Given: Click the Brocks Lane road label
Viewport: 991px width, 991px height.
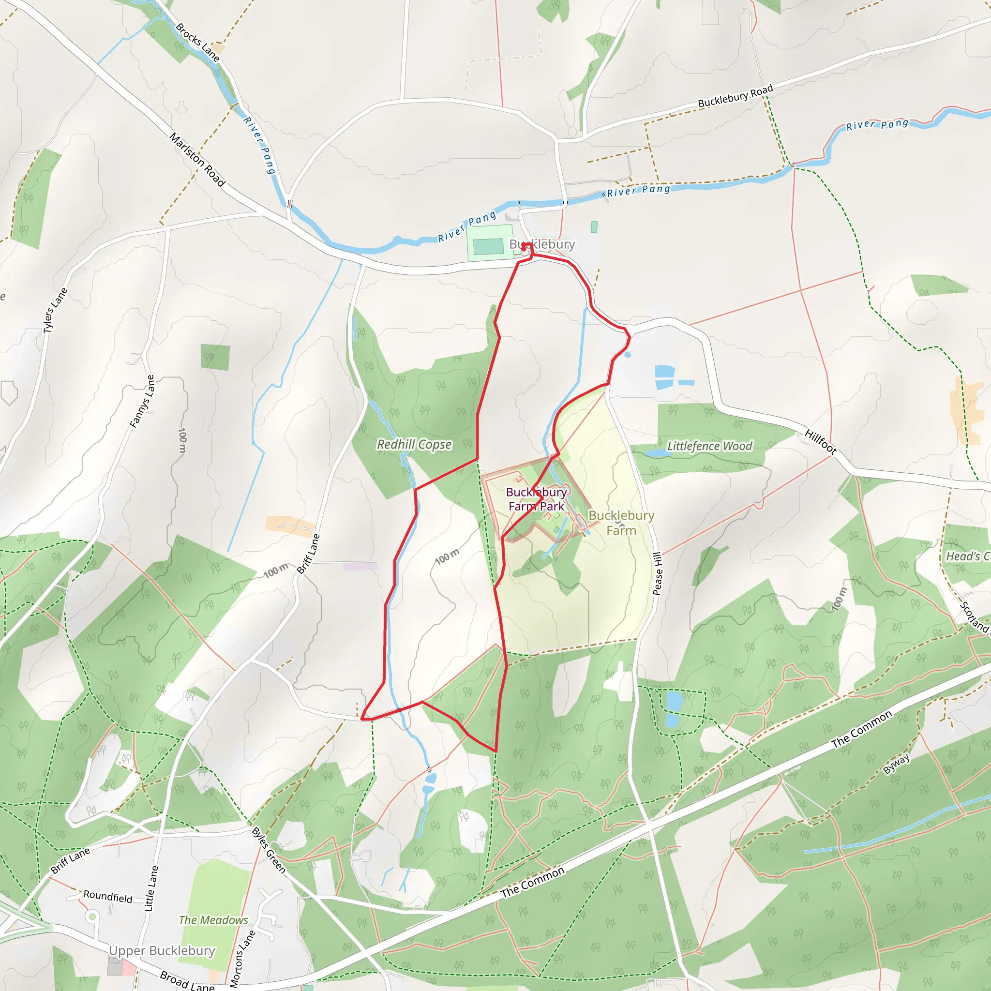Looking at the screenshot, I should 197,43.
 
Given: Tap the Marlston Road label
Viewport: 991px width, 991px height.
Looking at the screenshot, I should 197,160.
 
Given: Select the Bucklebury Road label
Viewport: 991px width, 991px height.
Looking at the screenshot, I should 735,96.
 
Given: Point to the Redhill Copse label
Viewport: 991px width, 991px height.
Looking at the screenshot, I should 414,444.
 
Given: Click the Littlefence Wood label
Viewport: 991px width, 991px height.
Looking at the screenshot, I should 709,446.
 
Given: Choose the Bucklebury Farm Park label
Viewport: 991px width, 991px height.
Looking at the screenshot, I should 536,499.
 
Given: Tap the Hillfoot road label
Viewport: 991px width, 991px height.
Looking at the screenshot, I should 820,442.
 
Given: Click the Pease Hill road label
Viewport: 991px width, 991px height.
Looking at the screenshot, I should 657,573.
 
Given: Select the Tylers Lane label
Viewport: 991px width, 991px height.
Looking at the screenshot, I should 55,310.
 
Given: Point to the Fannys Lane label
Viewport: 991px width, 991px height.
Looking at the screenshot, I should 142,402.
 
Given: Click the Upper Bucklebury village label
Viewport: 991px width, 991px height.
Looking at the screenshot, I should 162,950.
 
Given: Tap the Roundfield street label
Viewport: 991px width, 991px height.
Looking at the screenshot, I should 108,897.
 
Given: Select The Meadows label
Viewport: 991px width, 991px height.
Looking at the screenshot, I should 213,920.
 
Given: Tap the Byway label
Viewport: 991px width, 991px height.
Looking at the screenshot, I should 896,764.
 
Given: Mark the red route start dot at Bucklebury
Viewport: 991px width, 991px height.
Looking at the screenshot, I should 524,246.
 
